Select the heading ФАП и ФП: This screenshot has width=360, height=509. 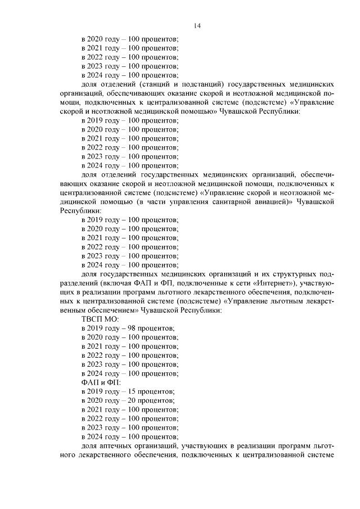(x=97, y=382)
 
